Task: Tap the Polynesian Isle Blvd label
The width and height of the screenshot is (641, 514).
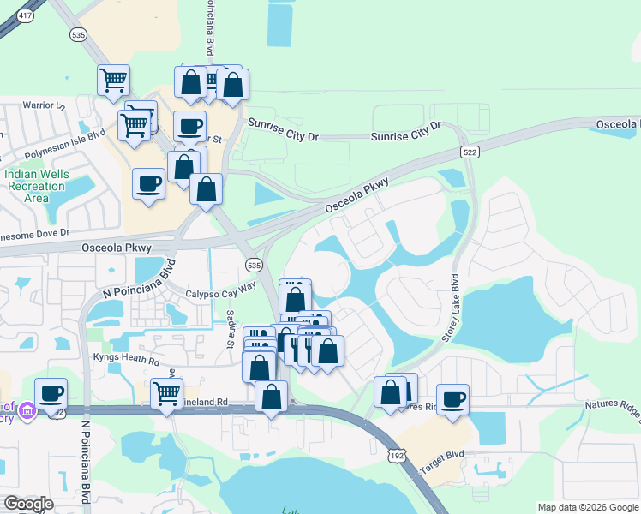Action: click(63, 144)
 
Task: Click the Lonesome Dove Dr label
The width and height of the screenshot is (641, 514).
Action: click(34, 232)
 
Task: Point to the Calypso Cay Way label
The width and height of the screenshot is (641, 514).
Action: click(221, 291)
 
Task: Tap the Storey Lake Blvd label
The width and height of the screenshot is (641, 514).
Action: click(452, 308)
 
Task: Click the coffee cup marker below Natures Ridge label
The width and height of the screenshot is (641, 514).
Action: click(453, 397)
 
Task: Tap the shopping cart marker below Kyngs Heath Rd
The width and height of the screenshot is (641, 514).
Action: click(167, 393)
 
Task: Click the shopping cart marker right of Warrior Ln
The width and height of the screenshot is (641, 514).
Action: click(114, 81)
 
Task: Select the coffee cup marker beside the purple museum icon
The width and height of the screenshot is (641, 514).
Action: click(51, 392)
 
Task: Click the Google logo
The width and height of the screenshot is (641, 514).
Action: click(28, 504)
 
